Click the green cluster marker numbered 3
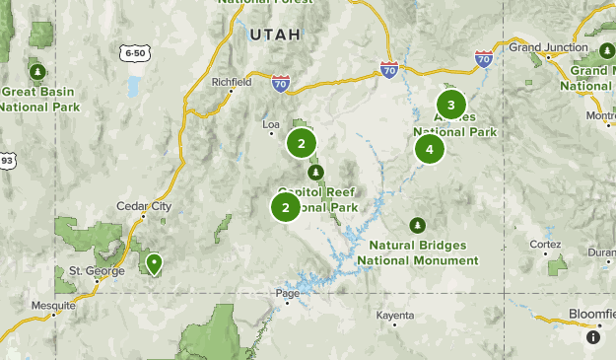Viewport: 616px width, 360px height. tap(451, 105)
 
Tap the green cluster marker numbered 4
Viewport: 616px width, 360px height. tap(429, 149)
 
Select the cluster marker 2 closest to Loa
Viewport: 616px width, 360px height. tap(302, 144)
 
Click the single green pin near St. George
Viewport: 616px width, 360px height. tap(155, 263)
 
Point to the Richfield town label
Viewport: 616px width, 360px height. tap(232, 83)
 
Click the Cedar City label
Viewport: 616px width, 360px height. tap(144, 206)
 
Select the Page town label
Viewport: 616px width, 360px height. tap(287, 293)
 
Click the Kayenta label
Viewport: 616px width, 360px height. tap(395, 316)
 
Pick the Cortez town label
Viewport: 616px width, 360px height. tap(544, 244)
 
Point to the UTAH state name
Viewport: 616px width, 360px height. tap(272, 35)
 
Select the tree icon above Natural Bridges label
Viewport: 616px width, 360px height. tap(418, 225)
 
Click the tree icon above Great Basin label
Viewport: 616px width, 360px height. tap(37, 72)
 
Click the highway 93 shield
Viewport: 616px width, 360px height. tap(7, 160)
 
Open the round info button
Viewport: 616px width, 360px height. tap(593, 336)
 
